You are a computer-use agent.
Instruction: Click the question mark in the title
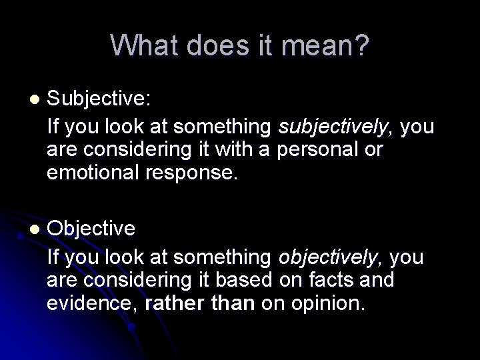[x=359, y=46]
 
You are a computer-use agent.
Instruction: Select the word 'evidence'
[x=91, y=303]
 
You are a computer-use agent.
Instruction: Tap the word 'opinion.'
[x=327, y=303]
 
